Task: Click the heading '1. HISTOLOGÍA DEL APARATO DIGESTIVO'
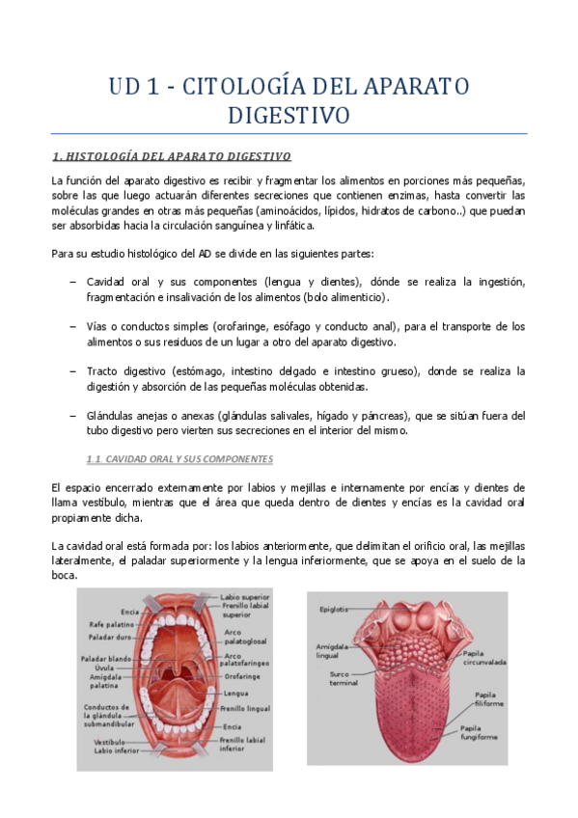point(170,155)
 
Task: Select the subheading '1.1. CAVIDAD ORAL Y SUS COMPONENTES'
point(180,459)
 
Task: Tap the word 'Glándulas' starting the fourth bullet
point(111,416)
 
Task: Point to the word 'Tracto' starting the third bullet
point(102,371)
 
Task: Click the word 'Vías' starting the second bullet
point(96,326)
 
